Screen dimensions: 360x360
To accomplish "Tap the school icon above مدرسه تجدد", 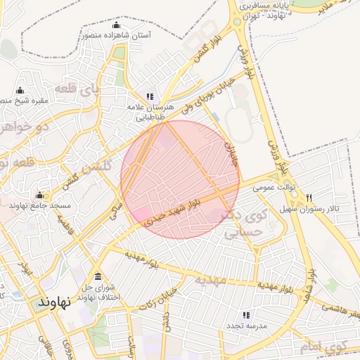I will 245,316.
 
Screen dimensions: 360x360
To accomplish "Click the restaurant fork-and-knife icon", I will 309,198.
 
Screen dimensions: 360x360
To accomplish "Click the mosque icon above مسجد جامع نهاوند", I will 39,195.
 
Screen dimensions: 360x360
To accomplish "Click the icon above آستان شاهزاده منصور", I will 116,25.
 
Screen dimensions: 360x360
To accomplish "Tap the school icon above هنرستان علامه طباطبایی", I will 149,96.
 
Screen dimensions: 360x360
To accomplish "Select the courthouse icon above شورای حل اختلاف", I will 97,275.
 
